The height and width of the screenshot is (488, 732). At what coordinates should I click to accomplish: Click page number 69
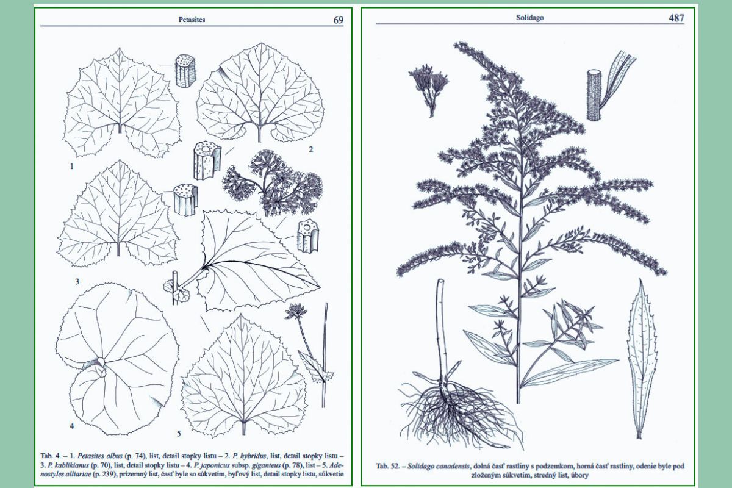[338, 20]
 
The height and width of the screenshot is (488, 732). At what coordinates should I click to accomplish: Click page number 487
[676, 18]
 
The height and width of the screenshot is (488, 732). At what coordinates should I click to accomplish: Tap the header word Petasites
[192, 20]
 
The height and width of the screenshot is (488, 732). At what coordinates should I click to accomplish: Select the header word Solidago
[529, 18]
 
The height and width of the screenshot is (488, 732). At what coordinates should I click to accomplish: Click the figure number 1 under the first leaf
[72, 167]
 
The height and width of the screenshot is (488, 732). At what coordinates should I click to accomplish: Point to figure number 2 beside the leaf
[310, 149]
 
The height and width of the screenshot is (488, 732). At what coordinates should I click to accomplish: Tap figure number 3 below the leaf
[77, 281]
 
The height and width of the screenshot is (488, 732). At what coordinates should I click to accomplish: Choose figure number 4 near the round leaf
[72, 426]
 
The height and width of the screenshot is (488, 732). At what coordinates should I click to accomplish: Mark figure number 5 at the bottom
[179, 434]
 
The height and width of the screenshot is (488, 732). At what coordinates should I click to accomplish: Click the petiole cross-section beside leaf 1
[185, 71]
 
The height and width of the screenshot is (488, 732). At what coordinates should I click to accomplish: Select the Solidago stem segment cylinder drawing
[594, 95]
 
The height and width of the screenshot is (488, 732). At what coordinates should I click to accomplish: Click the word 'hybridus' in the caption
[254, 456]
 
